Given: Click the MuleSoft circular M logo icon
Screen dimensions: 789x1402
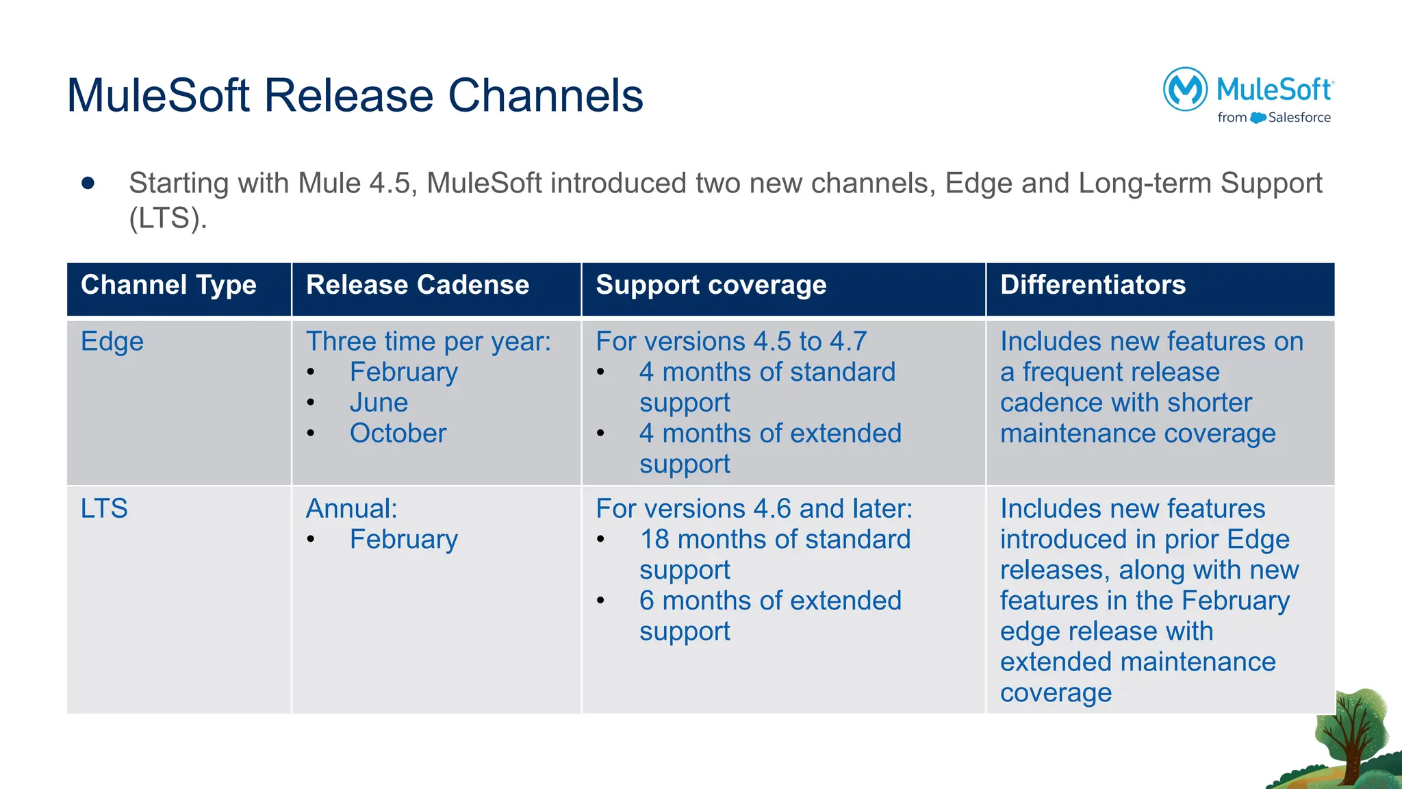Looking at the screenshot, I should point(1184,89).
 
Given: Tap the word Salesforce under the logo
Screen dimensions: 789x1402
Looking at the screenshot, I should point(1299,118).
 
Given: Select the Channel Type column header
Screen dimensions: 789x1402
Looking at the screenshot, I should point(168,285).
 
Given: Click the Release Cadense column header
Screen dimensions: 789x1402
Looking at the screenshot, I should point(417,285).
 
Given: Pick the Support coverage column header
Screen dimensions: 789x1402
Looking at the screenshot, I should point(711,285).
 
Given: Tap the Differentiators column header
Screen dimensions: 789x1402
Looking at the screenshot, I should point(1093,285).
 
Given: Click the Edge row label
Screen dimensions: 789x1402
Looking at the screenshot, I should point(112,342).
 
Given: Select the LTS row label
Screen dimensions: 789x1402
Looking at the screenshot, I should point(104,509).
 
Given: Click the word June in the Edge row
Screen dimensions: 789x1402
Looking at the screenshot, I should point(379,403).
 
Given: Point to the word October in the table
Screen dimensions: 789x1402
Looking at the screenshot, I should point(398,434).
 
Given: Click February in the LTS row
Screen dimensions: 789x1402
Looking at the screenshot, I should point(403,540).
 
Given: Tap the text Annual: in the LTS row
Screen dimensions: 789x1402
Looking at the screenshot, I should point(351,509).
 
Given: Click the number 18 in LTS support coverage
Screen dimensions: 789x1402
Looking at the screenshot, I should point(654,540).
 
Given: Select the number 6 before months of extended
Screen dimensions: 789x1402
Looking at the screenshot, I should point(647,601).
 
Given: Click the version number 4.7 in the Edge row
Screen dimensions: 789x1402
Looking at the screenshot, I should point(847,342).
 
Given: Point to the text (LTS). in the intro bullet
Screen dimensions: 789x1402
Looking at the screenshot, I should point(168,218).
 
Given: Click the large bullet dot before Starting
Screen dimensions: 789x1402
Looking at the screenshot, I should point(88,183).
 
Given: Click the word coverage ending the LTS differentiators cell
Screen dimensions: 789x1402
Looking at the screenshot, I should point(1055,693).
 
